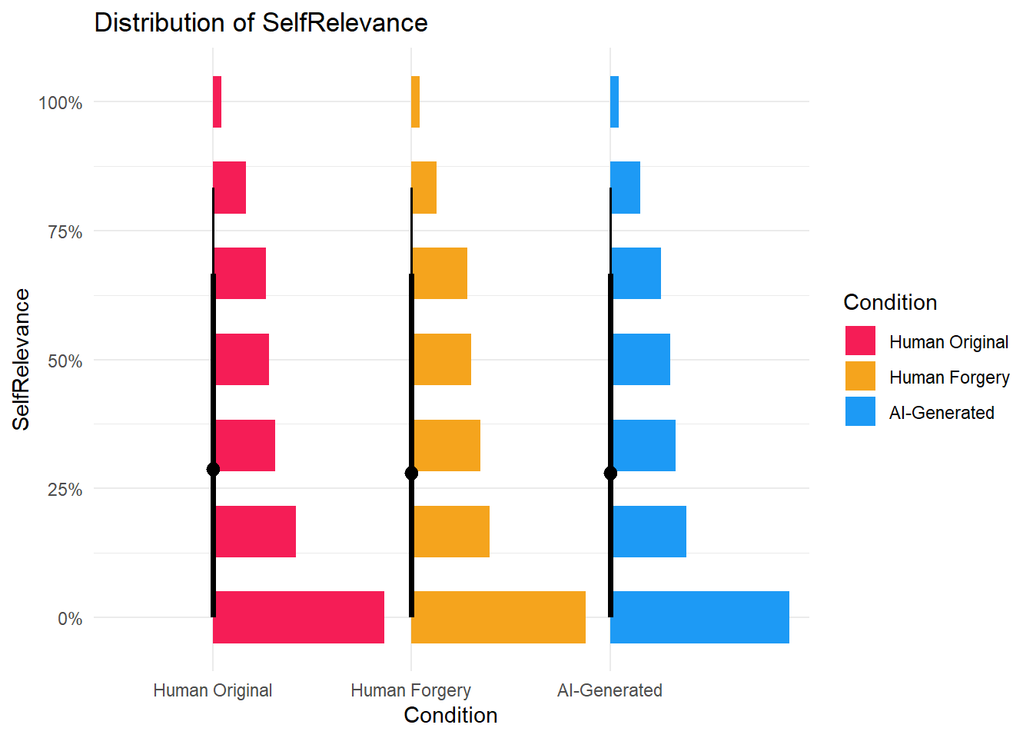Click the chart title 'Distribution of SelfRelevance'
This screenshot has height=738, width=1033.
tap(261, 23)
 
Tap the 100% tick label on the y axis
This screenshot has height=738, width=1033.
tap(61, 103)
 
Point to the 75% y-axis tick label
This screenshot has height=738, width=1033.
tap(65, 232)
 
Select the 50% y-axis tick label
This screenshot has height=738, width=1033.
tap(65, 361)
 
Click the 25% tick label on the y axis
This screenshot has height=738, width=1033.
tap(65, 490)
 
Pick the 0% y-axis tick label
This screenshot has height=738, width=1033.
tap(70, 619)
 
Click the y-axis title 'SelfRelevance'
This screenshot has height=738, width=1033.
tap(21, 359)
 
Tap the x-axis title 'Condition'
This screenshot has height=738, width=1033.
tap(450, 716)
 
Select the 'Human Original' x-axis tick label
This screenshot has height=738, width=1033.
tap(213, 690)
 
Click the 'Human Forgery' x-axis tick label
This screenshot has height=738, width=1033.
tap(410, 690)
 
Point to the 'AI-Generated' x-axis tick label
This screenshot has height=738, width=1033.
tap(610, 690)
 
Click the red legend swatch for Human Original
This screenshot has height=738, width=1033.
tap(860, 341)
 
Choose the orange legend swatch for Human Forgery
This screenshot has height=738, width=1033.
tap(860, 377)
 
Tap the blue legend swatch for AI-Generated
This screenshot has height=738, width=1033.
tap(860, 412)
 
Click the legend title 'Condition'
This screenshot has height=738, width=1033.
tap(890, 302)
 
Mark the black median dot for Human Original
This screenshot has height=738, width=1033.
tap(213, 470)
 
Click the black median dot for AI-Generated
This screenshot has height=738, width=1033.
tap(610, 473)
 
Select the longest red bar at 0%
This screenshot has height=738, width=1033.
tap(300, 617)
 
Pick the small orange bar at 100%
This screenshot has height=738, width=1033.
tap(416, 101)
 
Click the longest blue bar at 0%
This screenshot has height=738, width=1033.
tap(700, 617)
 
